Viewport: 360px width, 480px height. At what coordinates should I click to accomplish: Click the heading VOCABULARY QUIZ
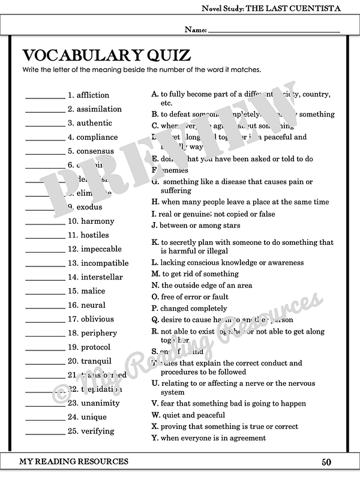coord(107,56)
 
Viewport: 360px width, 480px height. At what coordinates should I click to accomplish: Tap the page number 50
coord(326,462)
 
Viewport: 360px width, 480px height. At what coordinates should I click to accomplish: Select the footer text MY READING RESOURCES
coord(74,461)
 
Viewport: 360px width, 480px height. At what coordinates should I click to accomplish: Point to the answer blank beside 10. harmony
coord(44,221)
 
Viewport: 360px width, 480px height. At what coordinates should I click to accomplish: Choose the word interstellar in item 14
coord(102,277)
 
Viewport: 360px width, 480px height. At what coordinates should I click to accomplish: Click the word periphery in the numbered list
coord(99,333)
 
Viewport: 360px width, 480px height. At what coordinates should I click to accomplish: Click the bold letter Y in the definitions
coord(155,438)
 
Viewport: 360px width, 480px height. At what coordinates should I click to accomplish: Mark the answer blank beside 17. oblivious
coord(44,319)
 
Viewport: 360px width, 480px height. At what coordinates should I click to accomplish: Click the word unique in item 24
coord(94,417)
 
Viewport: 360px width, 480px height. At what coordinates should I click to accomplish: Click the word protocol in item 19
coord(96,347)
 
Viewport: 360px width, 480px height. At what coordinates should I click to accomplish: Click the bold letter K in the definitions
coord(155,242)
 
